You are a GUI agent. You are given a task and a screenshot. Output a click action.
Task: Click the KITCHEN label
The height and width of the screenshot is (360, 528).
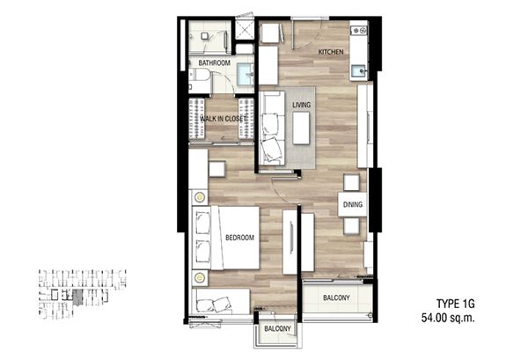pos(331,52)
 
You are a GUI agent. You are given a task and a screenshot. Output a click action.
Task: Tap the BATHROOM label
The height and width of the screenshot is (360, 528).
pos(214,63)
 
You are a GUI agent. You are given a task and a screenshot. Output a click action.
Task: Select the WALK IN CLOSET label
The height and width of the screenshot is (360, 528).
pos(223,119)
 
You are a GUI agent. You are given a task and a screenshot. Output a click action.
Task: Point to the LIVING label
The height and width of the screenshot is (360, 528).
pos(301,105)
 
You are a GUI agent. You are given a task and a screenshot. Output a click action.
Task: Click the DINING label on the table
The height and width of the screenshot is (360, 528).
pos(353,204)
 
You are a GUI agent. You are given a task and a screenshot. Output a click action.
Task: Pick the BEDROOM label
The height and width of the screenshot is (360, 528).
pos(239,238)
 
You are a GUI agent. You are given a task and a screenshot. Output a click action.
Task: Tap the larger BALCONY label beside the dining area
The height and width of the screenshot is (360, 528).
pos(336,298)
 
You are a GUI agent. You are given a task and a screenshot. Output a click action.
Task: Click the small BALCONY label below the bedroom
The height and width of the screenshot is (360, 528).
pos(277,328)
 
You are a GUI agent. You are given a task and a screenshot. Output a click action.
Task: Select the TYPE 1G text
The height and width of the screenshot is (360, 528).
pos(456,304)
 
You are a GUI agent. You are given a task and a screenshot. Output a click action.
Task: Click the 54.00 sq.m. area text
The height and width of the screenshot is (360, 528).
pos(448,318)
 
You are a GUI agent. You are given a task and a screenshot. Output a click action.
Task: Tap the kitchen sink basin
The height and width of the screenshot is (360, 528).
pos(358,71)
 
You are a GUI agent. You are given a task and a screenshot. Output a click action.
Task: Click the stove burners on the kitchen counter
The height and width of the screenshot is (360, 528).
pos(359,31)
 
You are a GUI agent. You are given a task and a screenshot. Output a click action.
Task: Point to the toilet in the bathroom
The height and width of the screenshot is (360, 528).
pos(200,75)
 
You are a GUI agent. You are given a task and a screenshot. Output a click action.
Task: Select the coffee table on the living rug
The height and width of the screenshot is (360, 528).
pos(301,129)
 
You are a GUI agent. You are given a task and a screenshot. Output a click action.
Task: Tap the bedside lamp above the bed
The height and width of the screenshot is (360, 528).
pos(200,197)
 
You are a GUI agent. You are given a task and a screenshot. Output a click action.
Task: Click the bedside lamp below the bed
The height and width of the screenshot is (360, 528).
pos(200,278)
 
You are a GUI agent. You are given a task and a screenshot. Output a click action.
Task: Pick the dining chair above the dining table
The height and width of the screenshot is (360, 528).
pos(351,183)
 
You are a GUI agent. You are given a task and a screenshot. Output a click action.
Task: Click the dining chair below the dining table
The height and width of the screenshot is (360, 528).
pos(351,226)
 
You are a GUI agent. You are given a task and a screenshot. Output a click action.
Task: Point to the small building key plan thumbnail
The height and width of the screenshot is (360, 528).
pos(82,294)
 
